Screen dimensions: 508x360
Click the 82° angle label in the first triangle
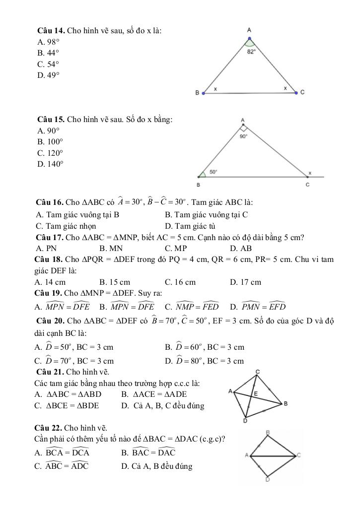[x=252, y=51]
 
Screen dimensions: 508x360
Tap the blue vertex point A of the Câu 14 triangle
[x=249, y=38]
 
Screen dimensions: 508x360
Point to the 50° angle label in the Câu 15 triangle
[x=213, y=172]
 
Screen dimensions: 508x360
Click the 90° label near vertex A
[x=243, y=134]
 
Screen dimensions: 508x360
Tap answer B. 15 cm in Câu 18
[x=115, y=282]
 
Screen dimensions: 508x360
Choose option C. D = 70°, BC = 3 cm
[x=74, y=361]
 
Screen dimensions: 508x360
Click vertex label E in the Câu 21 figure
[x=256, y=393]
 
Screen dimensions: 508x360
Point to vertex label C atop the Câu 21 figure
[x=258, y=372]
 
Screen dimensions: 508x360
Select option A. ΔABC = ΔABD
[x=68, y=394]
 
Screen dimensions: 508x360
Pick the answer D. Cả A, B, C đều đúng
[x=162, y=405]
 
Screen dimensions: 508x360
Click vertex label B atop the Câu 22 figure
[x=268, y=433]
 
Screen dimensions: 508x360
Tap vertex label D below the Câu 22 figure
[x=267, y=480]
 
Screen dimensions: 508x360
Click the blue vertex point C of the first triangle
[x=296, y=93]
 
